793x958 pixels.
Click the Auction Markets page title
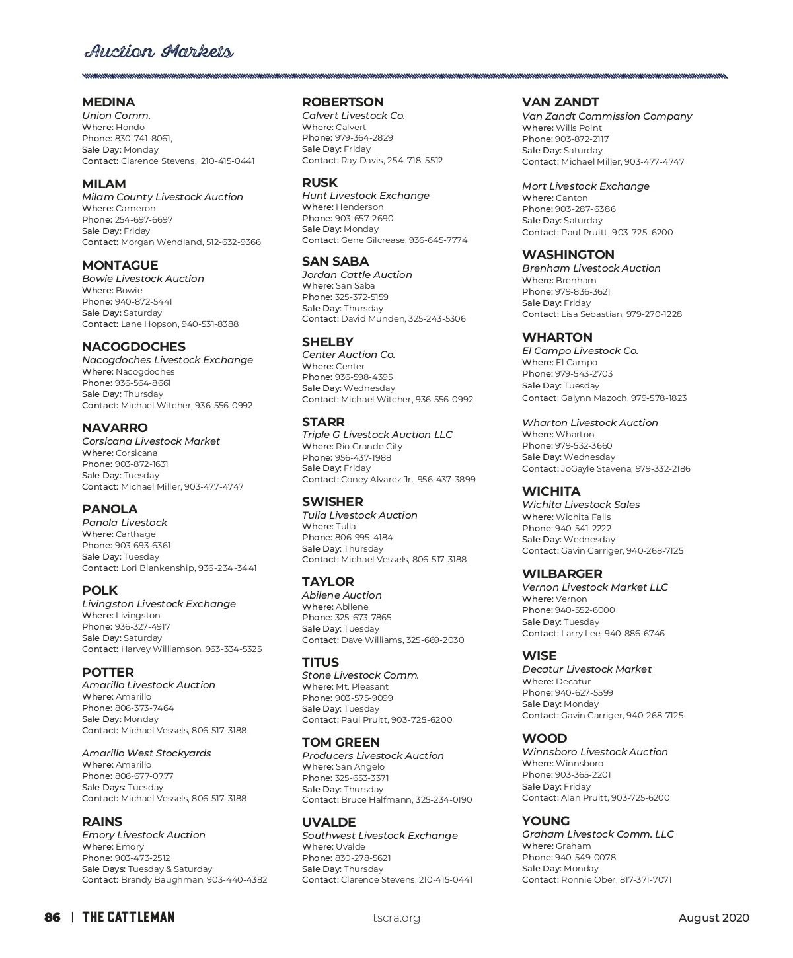[159, 52]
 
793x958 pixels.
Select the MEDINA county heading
[108, 102]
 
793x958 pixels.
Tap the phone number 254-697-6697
[143, 220]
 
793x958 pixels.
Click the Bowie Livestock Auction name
[143, 279]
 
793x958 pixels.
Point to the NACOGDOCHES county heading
[133, 347]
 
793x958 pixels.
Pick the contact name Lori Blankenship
[157, 568]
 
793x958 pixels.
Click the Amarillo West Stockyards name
[146, 753]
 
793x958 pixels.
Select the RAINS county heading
[102, 822]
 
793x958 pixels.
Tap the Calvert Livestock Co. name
[353, 116]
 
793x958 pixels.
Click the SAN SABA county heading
[335, 262]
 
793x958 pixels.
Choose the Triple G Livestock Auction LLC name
[377, 435]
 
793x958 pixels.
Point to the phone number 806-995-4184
[363, 538]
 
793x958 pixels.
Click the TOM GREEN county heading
[340, 743]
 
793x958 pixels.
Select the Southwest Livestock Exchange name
[379, 836]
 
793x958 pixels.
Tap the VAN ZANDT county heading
[560, 102]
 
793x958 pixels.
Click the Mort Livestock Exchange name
[585, 186]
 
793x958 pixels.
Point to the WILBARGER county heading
[562, 574]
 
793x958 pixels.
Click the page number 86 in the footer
[52, 918]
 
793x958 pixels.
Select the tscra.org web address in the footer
[397, 918]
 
